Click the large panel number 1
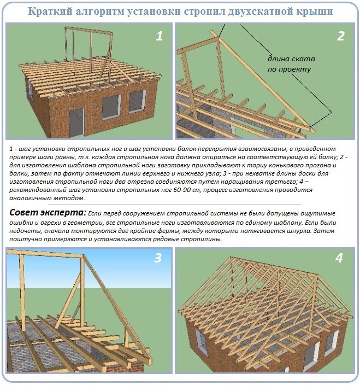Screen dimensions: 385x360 pos(159,37)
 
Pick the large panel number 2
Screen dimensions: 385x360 pos(340,37)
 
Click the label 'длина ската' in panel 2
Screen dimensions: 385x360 pos(291,59)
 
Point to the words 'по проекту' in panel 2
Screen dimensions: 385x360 pos(289,69)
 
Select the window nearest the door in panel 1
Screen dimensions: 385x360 pos(111,108)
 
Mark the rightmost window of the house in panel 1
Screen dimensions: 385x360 pos(137,101)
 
